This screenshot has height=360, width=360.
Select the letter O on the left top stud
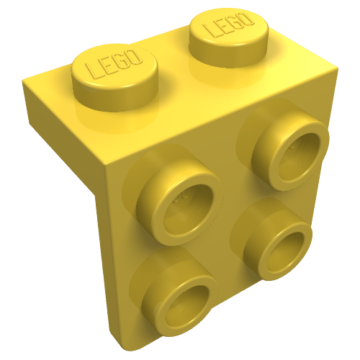pos(132,57)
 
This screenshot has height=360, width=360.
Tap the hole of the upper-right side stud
pos(298,156)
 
